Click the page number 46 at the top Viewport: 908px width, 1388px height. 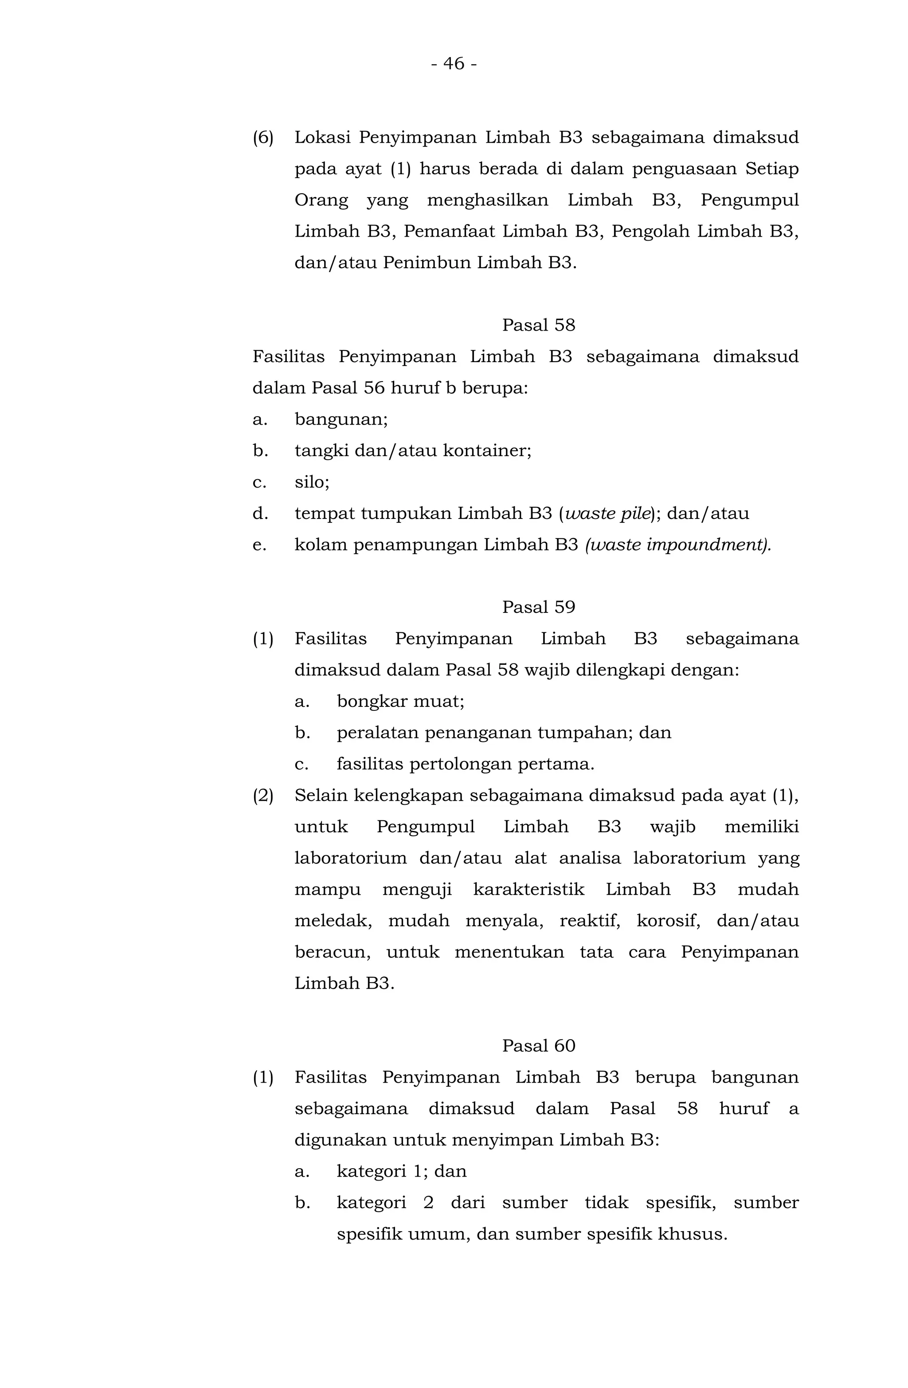point(454,63)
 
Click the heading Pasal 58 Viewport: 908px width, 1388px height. point(538,325)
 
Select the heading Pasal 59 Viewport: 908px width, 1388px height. point(538,607)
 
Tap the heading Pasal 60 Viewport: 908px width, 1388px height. point(538,1046)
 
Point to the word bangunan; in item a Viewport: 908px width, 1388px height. point(341,419)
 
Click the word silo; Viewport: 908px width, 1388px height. point(312,482)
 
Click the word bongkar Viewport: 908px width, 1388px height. point(363,702)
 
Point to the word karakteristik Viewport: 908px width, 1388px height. point(528,890)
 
